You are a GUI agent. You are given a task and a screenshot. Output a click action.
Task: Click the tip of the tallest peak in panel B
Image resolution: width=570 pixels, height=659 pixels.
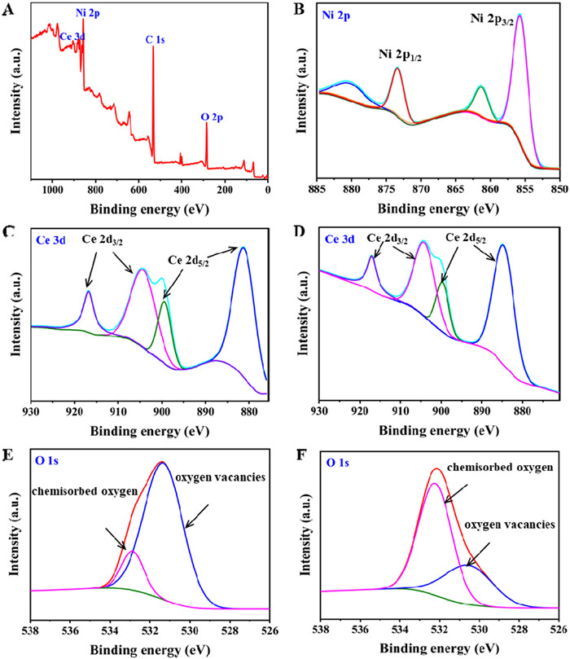click(x=519, y=15)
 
